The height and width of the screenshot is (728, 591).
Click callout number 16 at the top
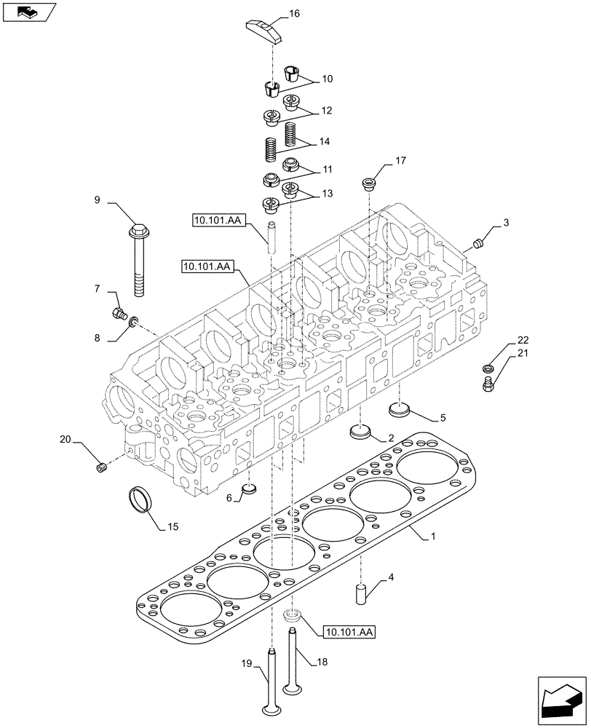pos(294,14)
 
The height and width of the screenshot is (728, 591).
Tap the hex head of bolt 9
pos(137,232)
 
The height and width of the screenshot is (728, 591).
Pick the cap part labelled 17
pos(369,183)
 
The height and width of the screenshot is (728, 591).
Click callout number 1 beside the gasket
pos(432,537)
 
